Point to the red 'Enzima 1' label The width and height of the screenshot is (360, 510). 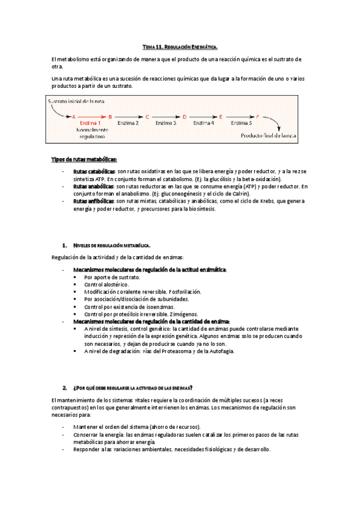tap(90, 123)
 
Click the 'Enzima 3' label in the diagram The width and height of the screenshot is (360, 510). tap(165, 123)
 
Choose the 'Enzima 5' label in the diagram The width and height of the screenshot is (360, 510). tap(242, 123)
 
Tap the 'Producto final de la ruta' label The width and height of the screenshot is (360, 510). tap(269, 136)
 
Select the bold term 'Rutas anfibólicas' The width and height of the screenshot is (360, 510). tap(93, 201)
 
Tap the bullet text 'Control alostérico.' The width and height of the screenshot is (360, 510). tap(106, 284)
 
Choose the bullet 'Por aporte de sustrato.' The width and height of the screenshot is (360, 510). tap(112, 277)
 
